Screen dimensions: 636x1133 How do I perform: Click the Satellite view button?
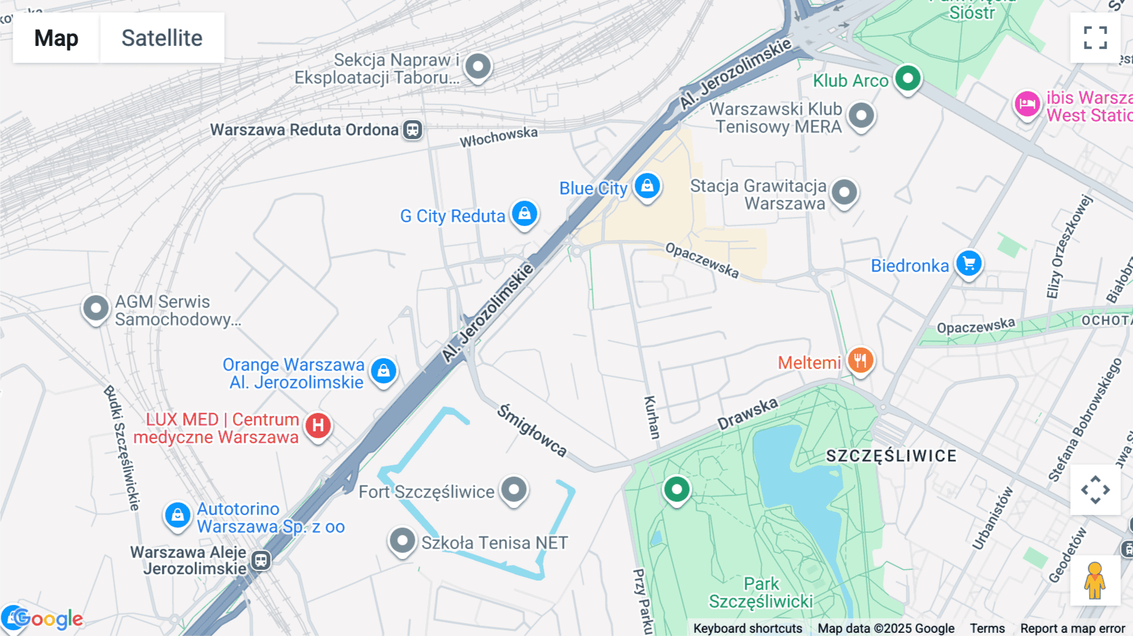[162, 38]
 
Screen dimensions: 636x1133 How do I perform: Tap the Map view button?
[56, 38]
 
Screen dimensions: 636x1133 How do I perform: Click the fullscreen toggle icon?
[1095, 38]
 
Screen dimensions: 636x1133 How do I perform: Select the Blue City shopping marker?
[647, 186]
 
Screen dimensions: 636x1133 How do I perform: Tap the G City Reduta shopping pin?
[524, 214]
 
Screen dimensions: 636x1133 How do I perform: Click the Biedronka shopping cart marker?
[969, 264]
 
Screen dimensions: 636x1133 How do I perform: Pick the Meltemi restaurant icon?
[860, 361]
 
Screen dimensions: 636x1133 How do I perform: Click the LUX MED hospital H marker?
[318, 426]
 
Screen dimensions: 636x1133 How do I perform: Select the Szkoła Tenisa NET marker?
[402, 540]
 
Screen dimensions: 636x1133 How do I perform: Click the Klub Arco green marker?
[908, 79]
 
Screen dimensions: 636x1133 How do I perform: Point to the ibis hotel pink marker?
[1027, 104]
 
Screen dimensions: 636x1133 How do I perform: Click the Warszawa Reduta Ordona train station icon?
[413, 130]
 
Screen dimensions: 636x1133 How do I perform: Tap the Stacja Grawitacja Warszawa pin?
[844, 192]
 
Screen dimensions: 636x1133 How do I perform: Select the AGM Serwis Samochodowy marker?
[96, 309]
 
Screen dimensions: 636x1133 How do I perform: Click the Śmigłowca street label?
[532, 431]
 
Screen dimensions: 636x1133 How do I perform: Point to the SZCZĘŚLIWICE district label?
[891, 456]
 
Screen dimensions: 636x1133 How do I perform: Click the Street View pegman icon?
[1095, 580]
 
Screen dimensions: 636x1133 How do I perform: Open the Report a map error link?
[1072, 628]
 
